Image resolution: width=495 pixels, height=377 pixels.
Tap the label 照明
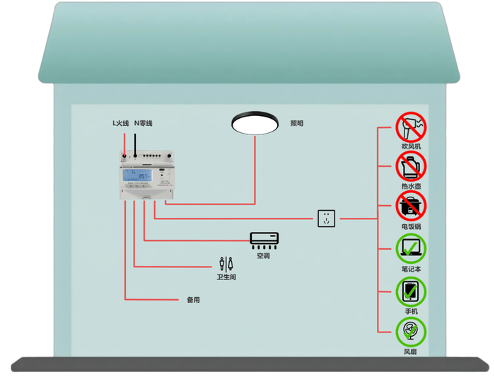pyautogui.click(x=297, y=124)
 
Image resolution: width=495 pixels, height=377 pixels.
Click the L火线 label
pyautogui.click(x=121, y=124)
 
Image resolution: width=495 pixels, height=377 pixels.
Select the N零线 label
pyautogui.click(x=144, y=124)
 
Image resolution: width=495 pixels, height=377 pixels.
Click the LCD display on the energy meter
pyautogui.click(x=137, y=175)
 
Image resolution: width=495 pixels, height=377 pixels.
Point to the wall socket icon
pyautogui.click(x=326, y=219)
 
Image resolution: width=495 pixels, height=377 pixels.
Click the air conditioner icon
pyautogui.click(x=264, y=239)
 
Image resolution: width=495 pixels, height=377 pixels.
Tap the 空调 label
pyautogui.click(x=263, y=256)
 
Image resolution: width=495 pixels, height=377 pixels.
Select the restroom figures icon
pyautogui.click(x=226, y=263)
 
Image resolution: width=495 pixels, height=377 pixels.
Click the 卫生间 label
pyautogui.click(x=226, y=277)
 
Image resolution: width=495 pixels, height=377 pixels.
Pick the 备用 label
pyautogui.click(x=193, y=300)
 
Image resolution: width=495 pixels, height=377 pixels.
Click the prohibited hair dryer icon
pyautogui.click(x=411, y=127)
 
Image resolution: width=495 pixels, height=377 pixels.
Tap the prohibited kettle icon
pyautogui.click(x=411, y=167)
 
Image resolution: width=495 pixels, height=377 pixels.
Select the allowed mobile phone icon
pyautogui.click(x=411, y=291)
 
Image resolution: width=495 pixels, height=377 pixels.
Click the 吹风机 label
pyautogui.click(x=411, y=146)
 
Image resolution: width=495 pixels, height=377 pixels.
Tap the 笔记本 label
pyautogui.click(x=411, y=269)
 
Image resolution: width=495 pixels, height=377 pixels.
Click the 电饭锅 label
pyautogui.click(x=411, y=226)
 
